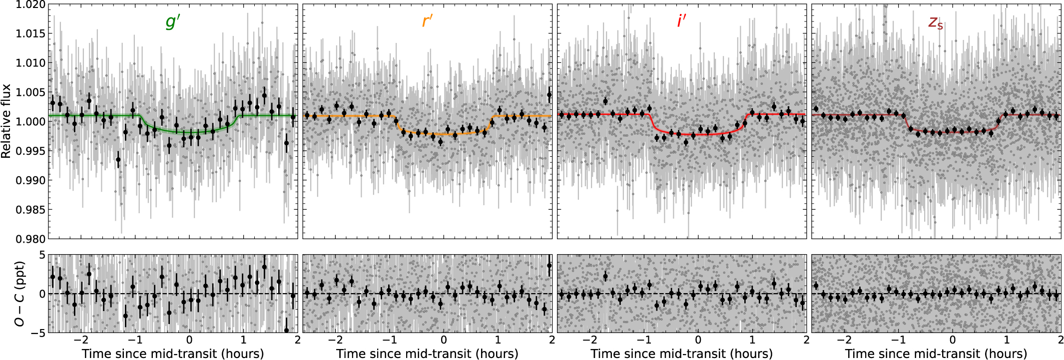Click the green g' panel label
[x=173, y=21]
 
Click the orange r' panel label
[x=427, y=21]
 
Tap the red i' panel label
[x=681, y=21]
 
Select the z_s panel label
[x=936, y=22]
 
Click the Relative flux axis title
[x=6, y=121]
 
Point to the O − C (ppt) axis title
[x=19, y=294]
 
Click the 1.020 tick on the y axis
[x=30, y=5]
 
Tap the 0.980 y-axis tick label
[x=30, y=239]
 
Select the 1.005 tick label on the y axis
[x=30, y=92]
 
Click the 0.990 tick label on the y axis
[x=30, y=180]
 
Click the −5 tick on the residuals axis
[x=36, y=333]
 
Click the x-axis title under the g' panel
[x=173, y=354]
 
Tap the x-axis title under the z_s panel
[x=936, y=354]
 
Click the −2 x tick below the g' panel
[x=81, y=341]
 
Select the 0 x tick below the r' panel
[x=444, y=341]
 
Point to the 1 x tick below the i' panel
[x=752, y=341]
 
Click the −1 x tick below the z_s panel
[x=898, y=341]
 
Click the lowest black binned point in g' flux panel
[x=118, y=160]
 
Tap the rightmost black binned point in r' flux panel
[x=549, y=95]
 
